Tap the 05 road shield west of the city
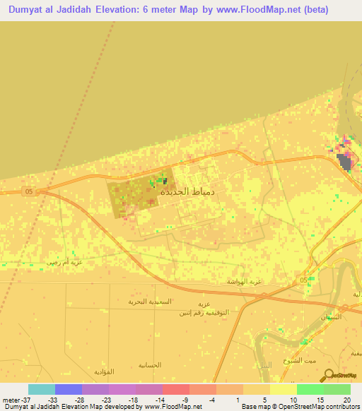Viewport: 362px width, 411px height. (29, 191)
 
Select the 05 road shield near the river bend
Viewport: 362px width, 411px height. (304, 280)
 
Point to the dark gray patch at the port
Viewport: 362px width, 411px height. (344, 162)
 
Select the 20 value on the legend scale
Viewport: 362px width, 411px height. (346, 400)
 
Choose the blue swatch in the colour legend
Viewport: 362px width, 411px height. (69, 389)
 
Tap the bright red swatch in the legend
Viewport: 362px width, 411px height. (176, 389)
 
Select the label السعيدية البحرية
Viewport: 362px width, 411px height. (149, 301)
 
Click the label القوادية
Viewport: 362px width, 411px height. (104, 371)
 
